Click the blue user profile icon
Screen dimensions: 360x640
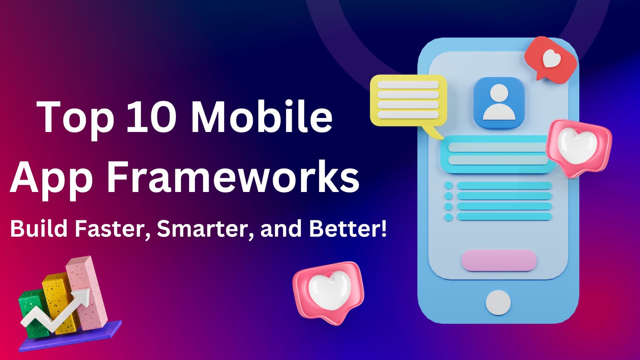[x=499, y=103]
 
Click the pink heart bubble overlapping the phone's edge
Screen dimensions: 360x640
[x=578, y=147]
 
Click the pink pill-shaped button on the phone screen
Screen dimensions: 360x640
[x=499, y=260]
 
